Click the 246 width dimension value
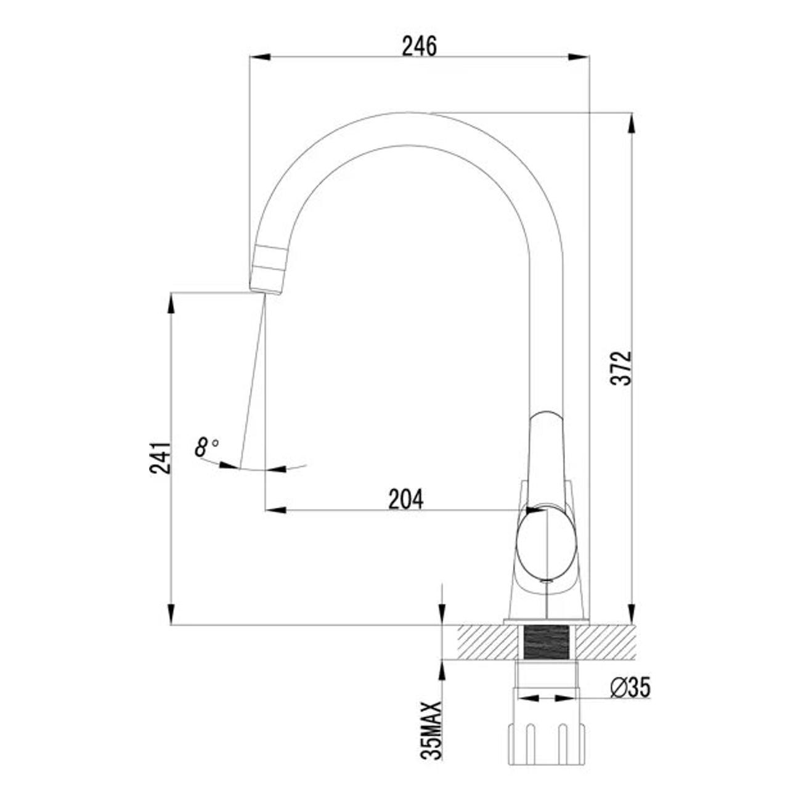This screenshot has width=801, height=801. coord(419,46)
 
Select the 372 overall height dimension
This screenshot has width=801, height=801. coord(624,368)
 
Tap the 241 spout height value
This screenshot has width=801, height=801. coord(159,457)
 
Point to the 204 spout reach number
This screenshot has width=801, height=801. coord(405,499)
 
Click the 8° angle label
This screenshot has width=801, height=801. coord(206,446)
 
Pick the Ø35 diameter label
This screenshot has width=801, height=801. coord(630,688)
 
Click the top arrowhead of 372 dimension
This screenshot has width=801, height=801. coord(631,124)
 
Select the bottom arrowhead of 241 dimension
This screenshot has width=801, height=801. coord(171,613)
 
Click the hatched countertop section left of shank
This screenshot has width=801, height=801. coord(487,643)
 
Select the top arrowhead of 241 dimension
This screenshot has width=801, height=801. coord(171,304)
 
